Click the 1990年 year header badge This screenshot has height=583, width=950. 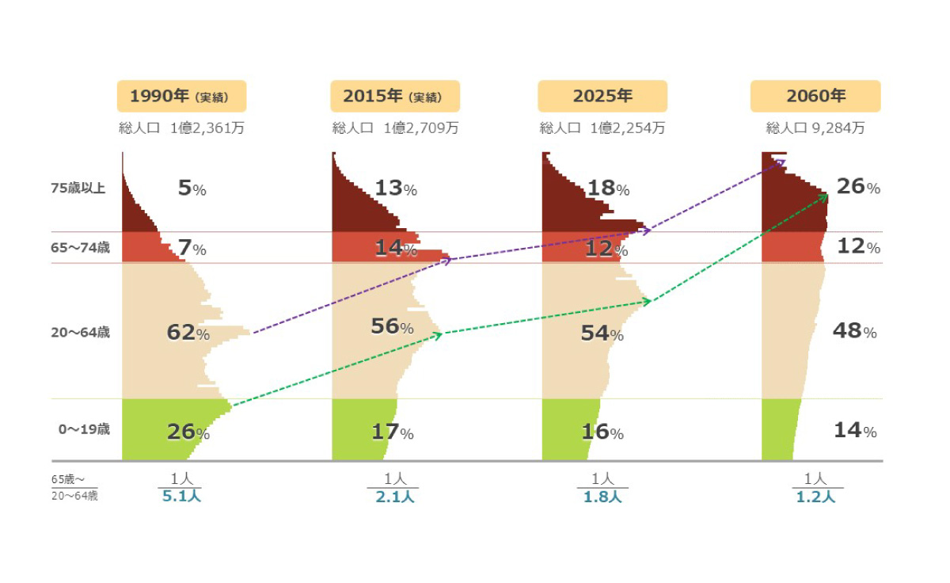[x=181, y=96]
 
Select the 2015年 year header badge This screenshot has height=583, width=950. [x=394, y=96]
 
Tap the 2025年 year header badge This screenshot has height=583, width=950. [x=602, y=96]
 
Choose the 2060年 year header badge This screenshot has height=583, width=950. [x=815, y=96]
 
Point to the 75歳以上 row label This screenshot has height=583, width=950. [x=78, y=188]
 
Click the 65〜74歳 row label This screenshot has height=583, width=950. [x=80, y=248]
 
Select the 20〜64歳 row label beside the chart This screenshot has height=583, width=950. [x=80, y=333]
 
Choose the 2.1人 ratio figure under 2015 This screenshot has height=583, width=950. [x=392, y=497]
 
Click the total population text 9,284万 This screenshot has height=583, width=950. [x=838, y=128]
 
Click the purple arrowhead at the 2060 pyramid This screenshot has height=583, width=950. [x=782, y=162]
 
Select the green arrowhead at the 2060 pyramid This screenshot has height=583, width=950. [x=825, y=196]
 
